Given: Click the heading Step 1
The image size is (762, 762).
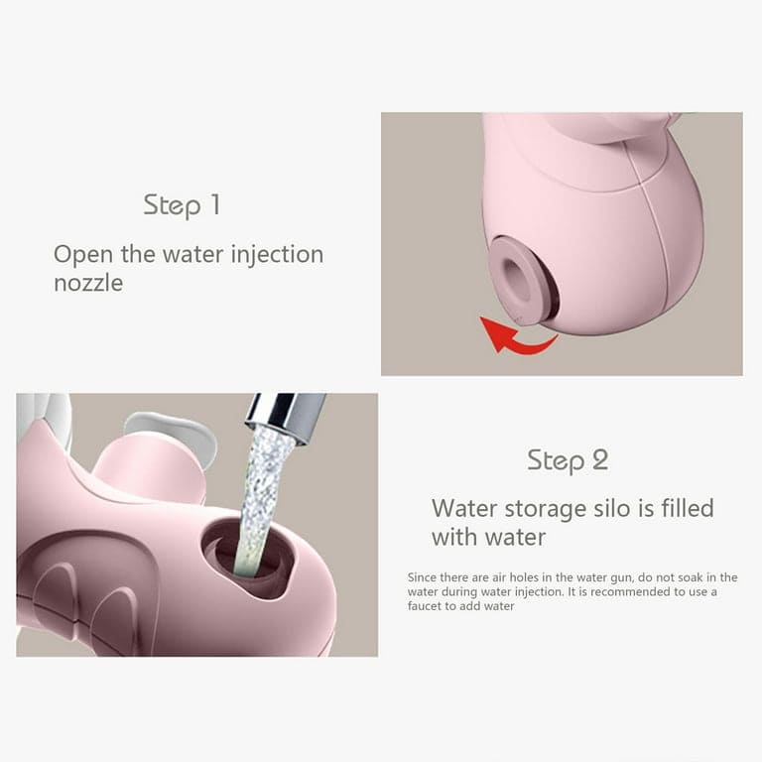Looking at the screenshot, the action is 182,205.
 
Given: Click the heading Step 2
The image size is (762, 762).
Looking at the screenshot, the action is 568,460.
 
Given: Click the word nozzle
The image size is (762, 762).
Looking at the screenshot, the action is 88,283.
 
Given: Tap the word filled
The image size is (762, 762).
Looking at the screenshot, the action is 688,508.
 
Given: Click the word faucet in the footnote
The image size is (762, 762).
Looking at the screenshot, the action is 425,606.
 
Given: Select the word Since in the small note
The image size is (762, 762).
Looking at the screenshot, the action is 422,577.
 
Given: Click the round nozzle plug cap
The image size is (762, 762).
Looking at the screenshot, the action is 518,281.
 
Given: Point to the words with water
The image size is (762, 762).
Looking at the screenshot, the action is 488,538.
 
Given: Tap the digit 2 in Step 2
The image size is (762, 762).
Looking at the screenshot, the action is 600,459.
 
